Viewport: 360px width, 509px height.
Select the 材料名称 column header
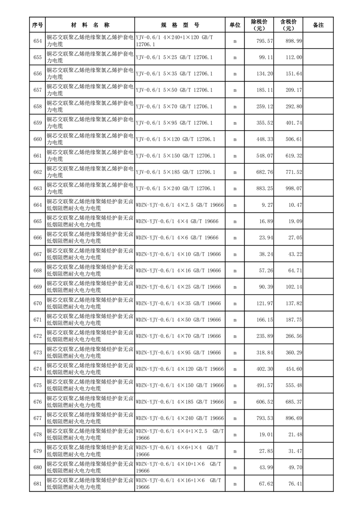(90, 25)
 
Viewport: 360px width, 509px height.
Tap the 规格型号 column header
(180, 25)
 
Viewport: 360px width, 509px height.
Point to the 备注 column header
(318, 25)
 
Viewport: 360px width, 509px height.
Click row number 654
(38, 41)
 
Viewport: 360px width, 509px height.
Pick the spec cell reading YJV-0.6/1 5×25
(174, 58)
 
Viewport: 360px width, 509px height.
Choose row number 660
(38, 139)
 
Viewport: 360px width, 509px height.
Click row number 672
(38, 336)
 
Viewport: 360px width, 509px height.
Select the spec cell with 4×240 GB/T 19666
(180, 418)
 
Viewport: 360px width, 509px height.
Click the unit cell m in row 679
(235, 451)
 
